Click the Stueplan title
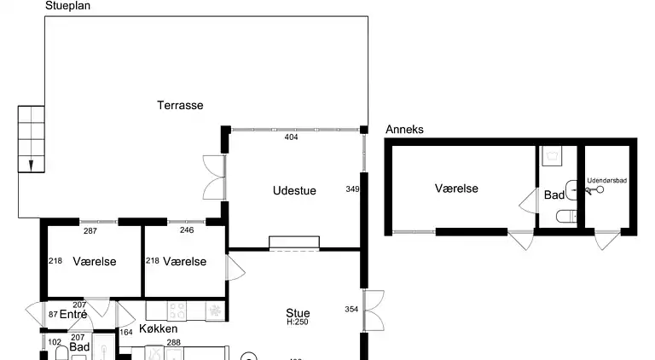[x=67, y=6]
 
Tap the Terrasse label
[x=180, y=105]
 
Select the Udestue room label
[x=294, y=190]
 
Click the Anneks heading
[x=404, y=130]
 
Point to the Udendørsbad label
[x=607, y=181]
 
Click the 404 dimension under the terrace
[x=291, y=136]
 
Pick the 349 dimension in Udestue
[x=352, y=189]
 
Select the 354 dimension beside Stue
[x=352, y=309]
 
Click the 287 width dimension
[x=90, y=230]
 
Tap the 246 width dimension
[x=187, y=230]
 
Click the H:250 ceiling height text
[x=298, y=322]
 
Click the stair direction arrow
[x=31, y=165]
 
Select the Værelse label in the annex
[x=456, y=189]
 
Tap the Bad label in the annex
[x=554, y=195]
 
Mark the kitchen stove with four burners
[x=177, y=310]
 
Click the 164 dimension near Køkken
[x=126, y=332]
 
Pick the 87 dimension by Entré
[x=53, y=315]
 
